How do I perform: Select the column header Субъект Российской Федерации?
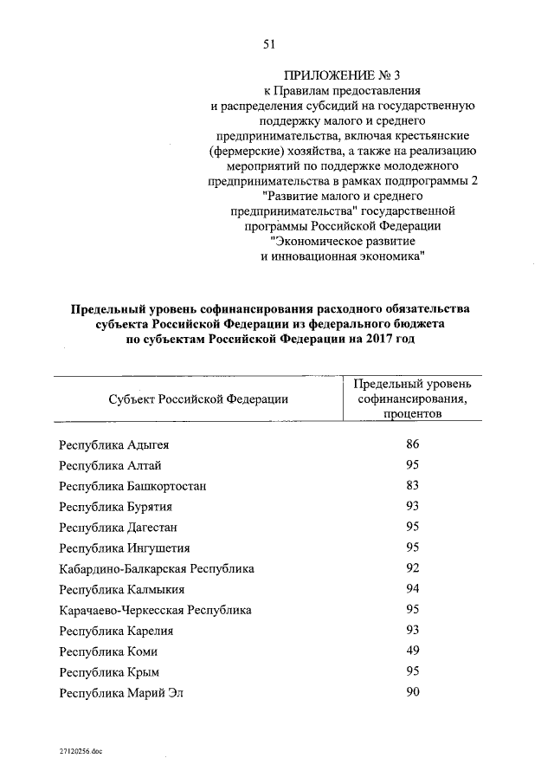(199, 398)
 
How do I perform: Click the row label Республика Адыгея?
(113, 445)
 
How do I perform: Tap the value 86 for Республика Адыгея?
(412, 444)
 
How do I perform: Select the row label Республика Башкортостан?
(132, 486)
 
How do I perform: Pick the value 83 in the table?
(412, 485)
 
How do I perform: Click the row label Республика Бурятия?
(115, 507)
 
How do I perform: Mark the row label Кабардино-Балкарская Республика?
(157, 569)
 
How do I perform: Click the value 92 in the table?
(412, 568)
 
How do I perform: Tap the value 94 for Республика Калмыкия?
(412, 589)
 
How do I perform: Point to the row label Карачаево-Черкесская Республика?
(156, 611)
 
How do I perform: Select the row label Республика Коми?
(108, 652)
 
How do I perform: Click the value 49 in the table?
(412, 651)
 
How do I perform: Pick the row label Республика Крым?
(109, 673)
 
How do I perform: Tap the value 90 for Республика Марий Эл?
(412, 692)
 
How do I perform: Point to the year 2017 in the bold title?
(375, 340)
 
